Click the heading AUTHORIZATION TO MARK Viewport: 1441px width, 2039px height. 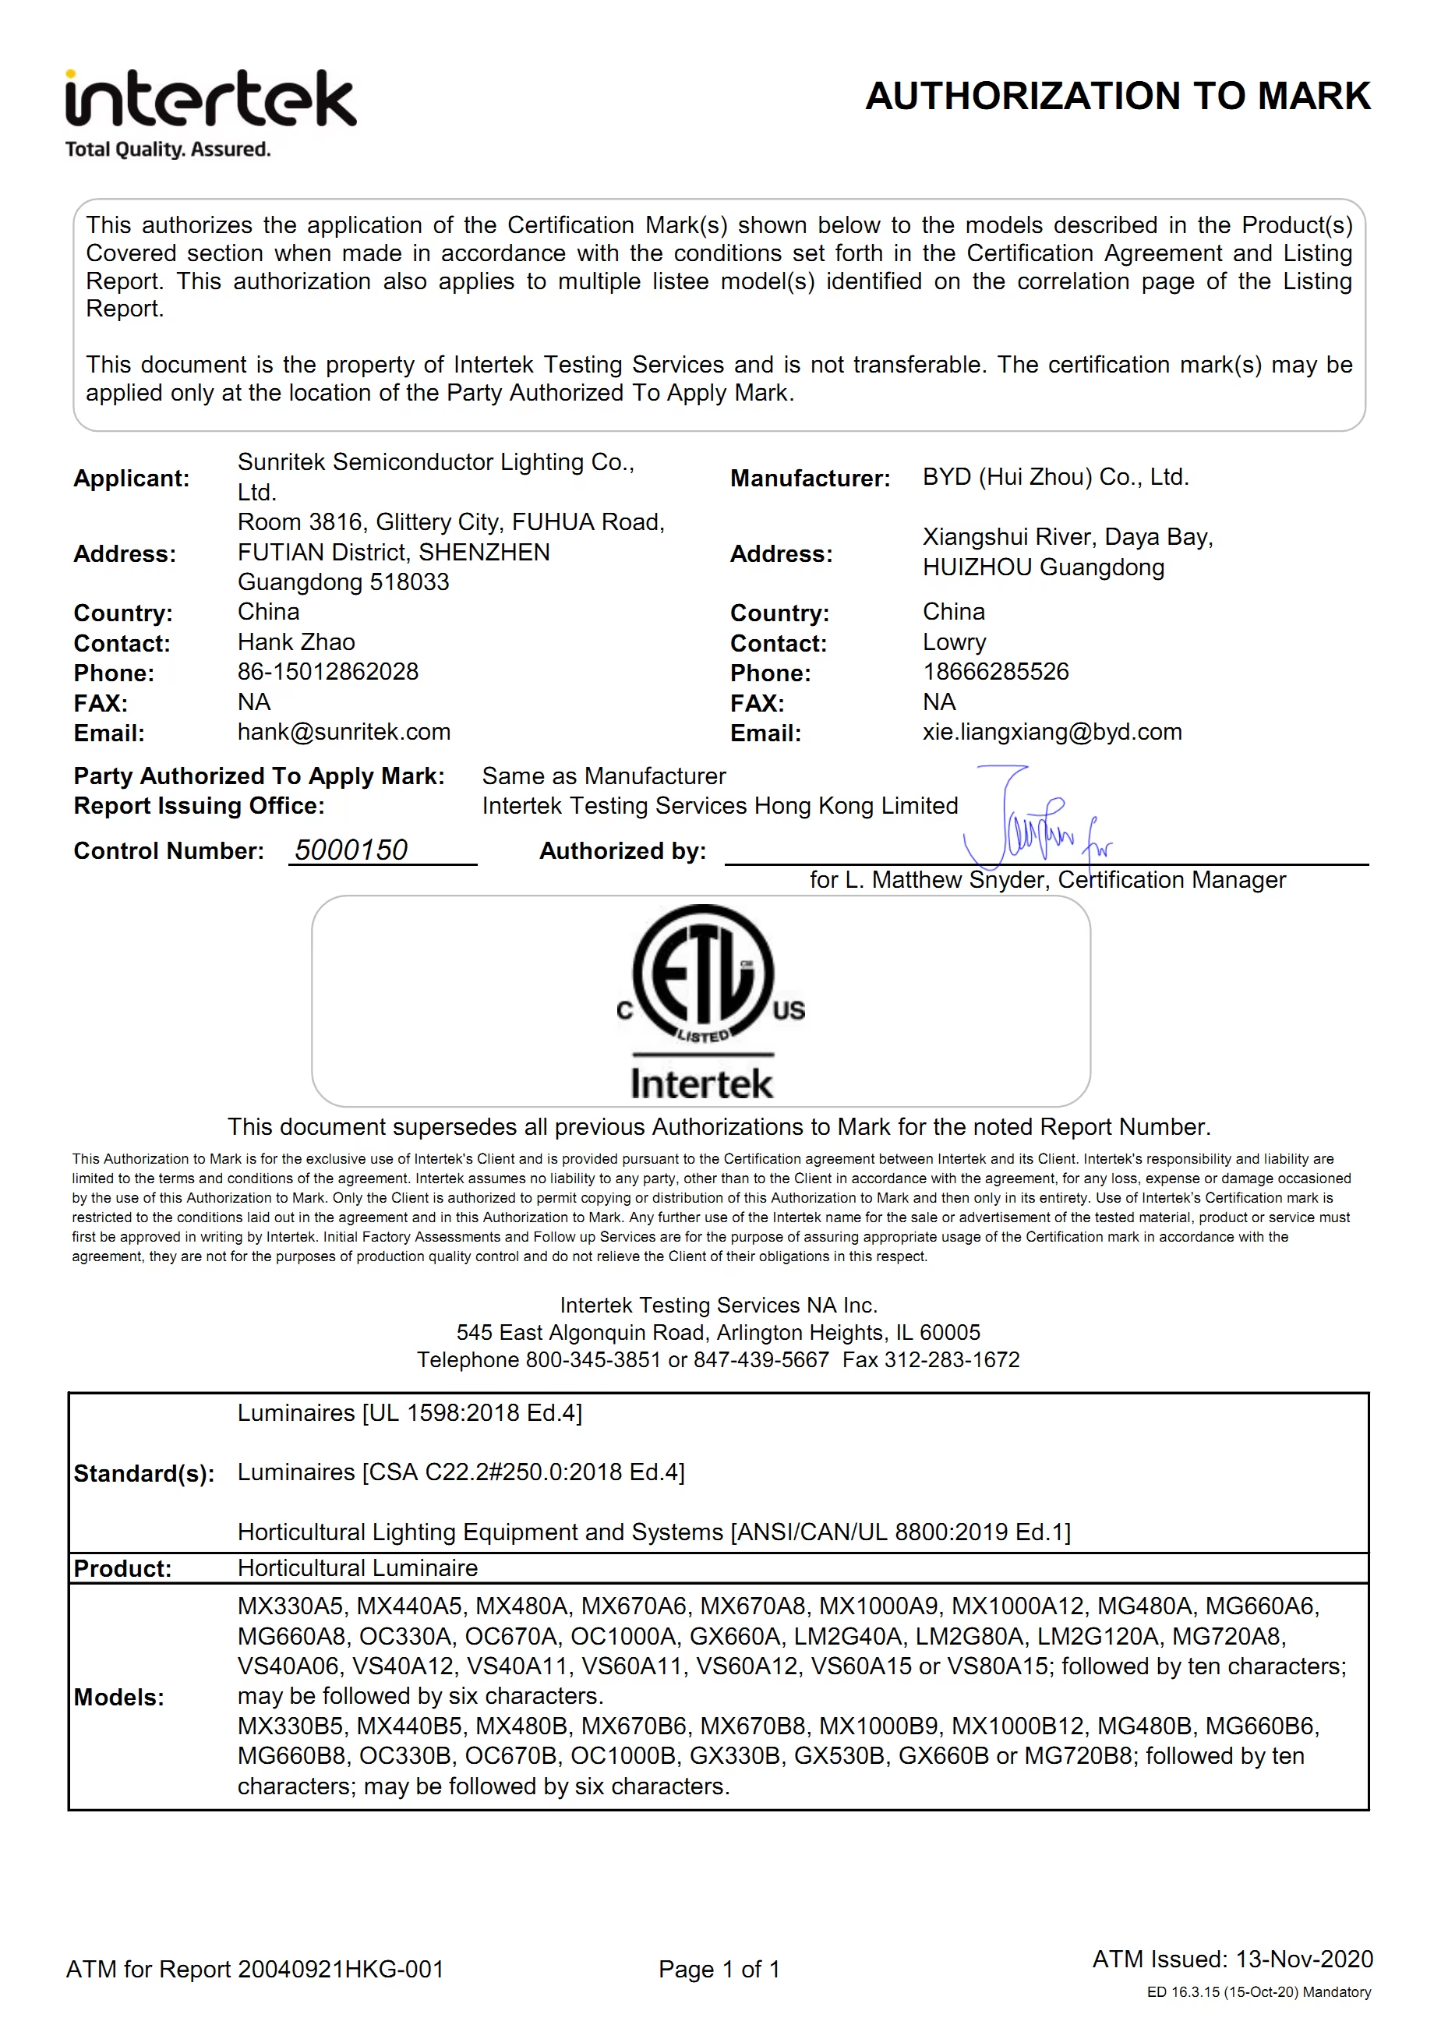click(x=1117, y=96)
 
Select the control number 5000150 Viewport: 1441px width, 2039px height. click(x=351, y=850)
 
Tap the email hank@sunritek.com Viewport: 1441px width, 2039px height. click(x=344, y=732)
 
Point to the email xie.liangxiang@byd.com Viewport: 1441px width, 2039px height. click(x=1051, y=732)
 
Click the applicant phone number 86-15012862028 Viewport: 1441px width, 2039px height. click(x=327, y=671)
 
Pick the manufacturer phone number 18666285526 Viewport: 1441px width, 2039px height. click(x=995, y=671)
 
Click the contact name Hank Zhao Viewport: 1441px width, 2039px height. click(x=295, y=642)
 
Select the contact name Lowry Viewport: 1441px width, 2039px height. click(x=954, y=642)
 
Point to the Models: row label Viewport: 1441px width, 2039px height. click(x=119, y=1697)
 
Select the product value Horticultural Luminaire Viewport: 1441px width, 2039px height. click(x=357, y=1568)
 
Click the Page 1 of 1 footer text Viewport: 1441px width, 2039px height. click(x=719, y=1969)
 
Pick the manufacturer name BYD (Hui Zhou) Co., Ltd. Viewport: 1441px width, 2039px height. click(x=1054, y=477)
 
